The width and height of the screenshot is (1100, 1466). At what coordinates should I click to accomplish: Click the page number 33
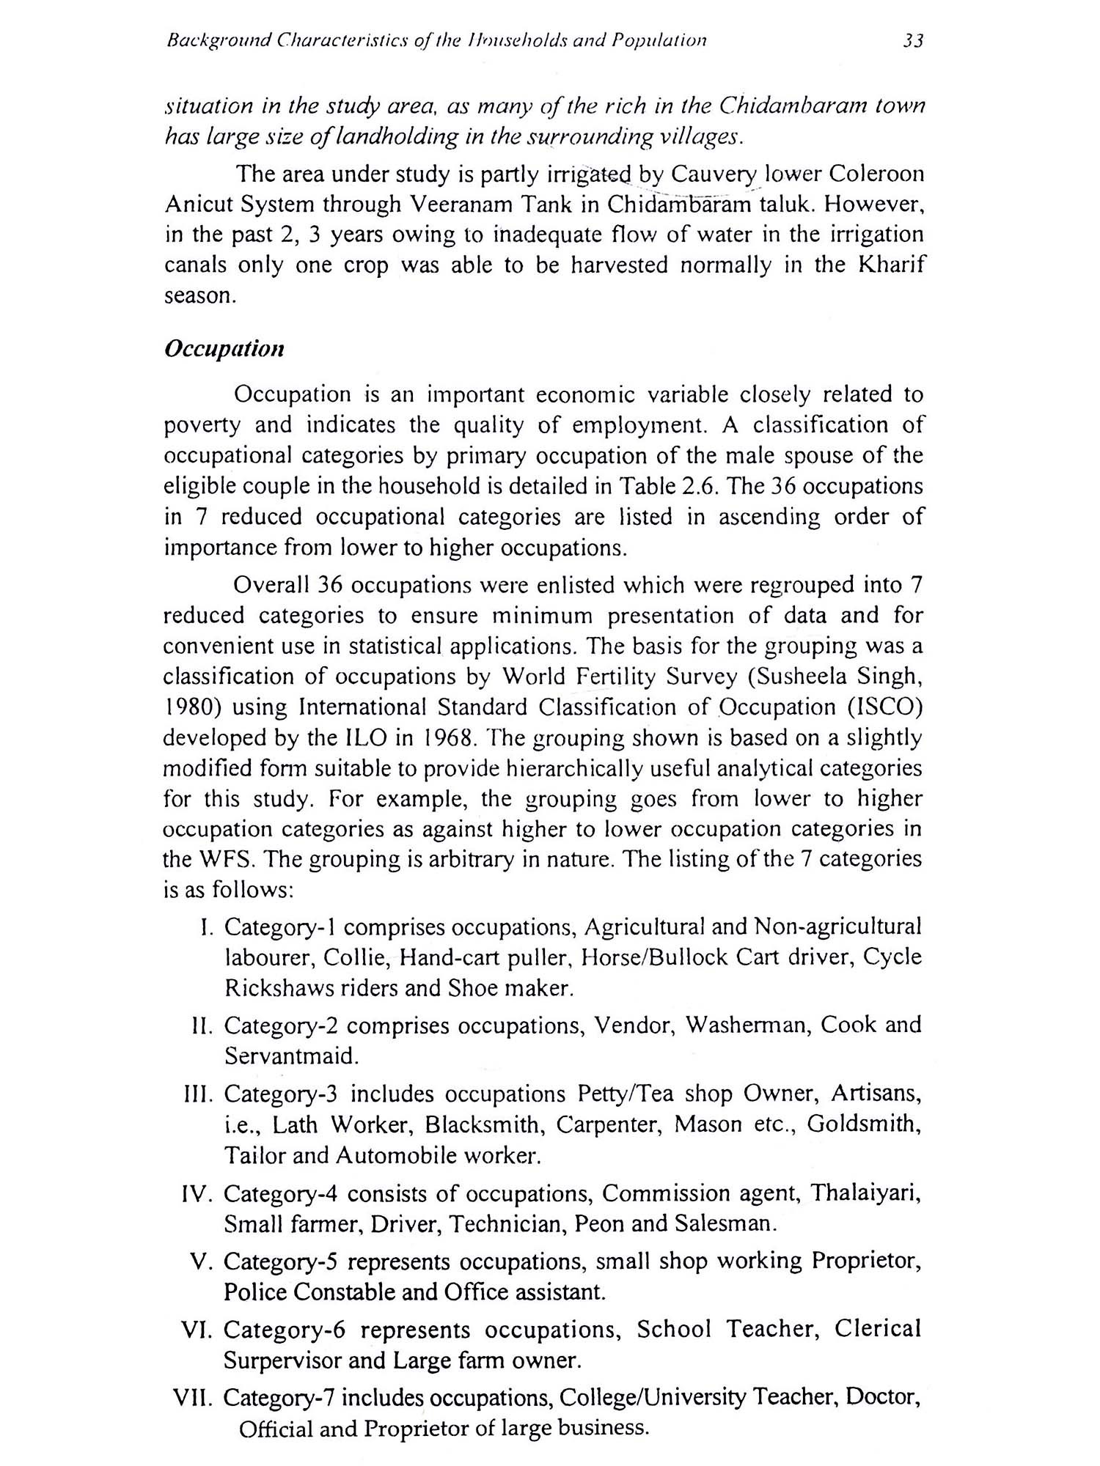[x=912, y=41]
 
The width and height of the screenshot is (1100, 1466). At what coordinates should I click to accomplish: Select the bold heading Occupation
[x=224, y=349]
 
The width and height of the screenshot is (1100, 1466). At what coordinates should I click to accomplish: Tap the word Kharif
[x=890, y=265]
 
